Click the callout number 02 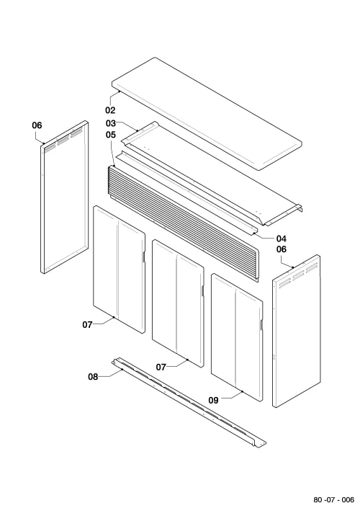click(x=110, y=110)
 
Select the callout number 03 click(x=110, y=123)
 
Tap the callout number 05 click(x=110, y=135)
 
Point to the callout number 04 click(x=282, y=239)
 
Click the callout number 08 click(x=93, y=377)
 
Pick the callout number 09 click(x=213, y=401)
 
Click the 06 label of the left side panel click(x=37, y=125)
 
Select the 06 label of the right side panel click(x=282, y=249)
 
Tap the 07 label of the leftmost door click(x=87, y=324)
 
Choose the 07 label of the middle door click(x=161, y=367)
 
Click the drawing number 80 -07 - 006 click(x=333, y=499)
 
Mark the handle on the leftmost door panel click(x=143, y=257)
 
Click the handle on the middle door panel click(x=202, y=291)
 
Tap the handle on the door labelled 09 click(x=261, y=325)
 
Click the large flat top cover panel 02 click(x=207, y=113)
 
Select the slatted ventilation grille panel click(x=183, y=223)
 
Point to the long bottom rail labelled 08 click(x=189, y=404)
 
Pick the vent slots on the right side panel click(x=298, y=275)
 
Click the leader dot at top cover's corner click(x=120, y=92)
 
